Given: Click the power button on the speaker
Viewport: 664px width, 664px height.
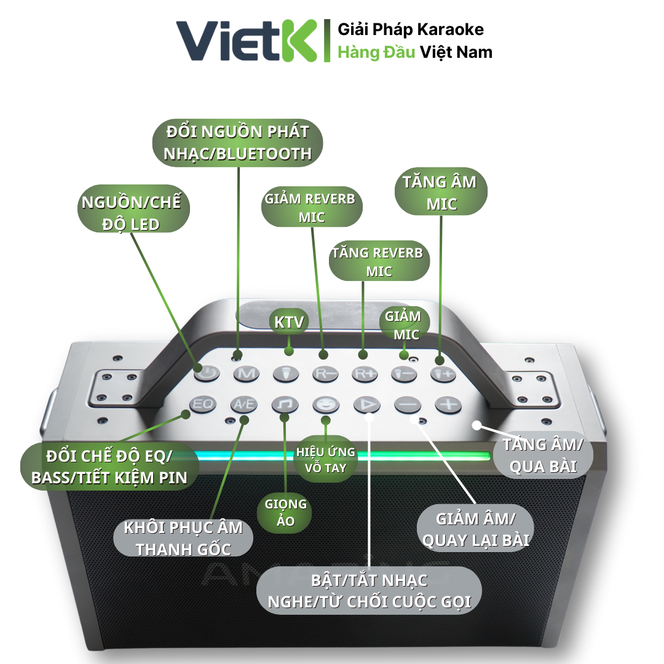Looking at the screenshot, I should click(x=207, y=372).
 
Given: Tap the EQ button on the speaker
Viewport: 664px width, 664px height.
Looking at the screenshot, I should click(x=201, y=404).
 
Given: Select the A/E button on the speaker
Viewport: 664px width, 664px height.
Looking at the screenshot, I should click(x=242, y=404).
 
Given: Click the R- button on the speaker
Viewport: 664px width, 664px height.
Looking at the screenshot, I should click(x=325, y=373).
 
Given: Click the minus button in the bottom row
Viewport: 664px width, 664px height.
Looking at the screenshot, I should click(x=408, y=405).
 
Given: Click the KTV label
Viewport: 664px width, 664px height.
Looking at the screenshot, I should click(x=288, y=322).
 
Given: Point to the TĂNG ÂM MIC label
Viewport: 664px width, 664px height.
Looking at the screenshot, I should click(x=440, y=192).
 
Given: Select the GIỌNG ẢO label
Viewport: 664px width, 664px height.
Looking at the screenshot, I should click(x=285, y=512).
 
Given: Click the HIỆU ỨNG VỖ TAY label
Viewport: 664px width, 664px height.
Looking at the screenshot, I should click(x=326, y=460).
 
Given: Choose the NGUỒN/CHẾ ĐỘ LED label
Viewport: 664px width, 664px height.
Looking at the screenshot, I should click(x=133, y=212).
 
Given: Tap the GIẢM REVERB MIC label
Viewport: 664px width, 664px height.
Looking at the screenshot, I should click(x=310, y=208).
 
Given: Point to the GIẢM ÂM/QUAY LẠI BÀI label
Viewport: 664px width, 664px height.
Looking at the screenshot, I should click(x=474, y=529).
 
